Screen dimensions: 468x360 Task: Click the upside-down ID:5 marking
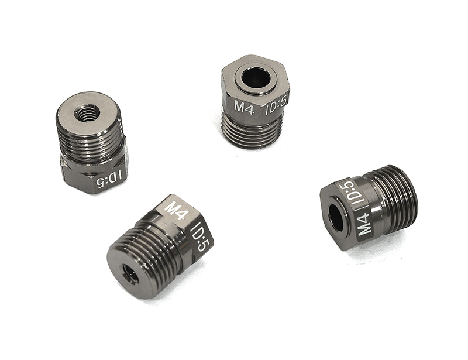tap(107, 179)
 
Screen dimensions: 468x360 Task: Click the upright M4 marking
tap(244, 107)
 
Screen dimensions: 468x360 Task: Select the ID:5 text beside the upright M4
tap(277, 107)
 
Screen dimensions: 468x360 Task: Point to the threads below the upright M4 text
tap(253, 132)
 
